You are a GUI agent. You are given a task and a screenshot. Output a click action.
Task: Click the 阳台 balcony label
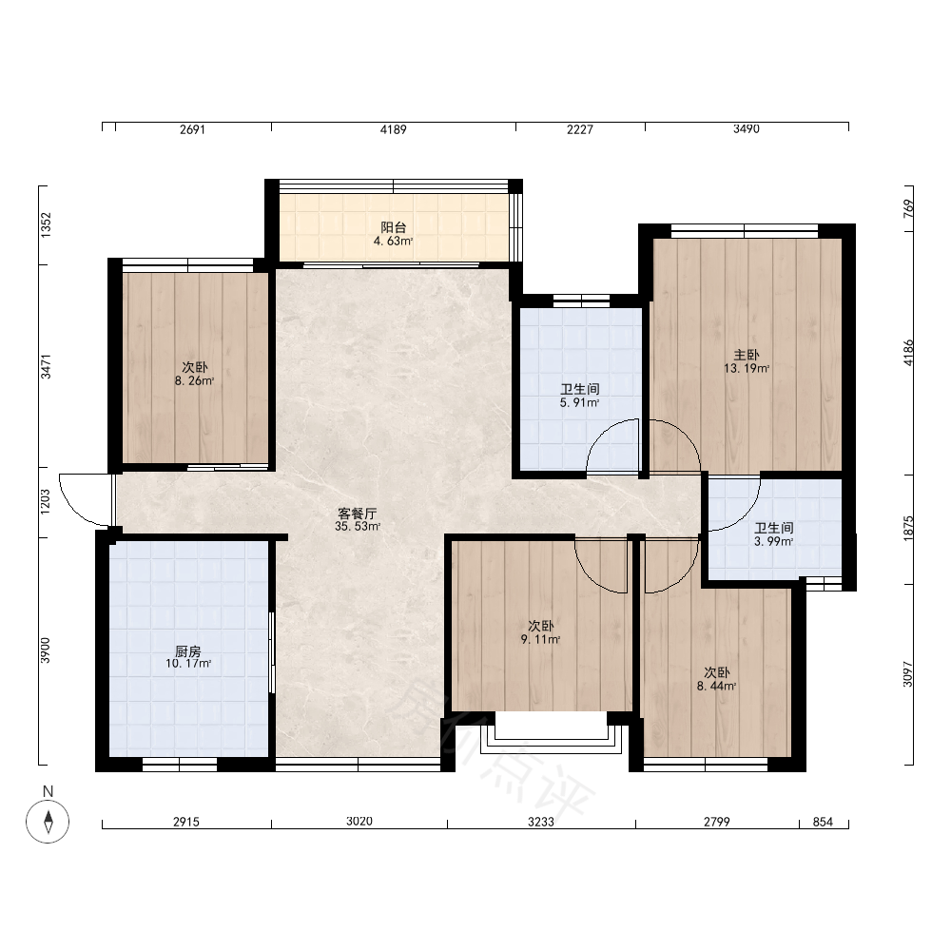393,227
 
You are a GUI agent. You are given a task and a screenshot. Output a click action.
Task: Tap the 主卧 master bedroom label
746,355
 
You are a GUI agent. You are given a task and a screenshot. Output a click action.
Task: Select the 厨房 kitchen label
188,651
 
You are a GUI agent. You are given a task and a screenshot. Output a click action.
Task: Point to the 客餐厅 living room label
358,514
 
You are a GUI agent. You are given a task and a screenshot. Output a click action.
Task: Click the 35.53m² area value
358,527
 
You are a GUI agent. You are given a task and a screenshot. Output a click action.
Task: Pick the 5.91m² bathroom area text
580,402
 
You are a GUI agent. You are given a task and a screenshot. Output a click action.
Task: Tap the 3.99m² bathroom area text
774,541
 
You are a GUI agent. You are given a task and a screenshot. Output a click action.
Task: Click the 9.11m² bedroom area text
540,639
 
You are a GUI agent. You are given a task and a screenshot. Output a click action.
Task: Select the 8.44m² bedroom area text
716,686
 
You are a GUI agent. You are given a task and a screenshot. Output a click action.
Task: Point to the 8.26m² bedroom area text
194,381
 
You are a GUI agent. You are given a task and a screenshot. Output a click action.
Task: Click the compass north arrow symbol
48,822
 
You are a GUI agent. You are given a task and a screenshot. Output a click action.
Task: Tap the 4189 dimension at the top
393,129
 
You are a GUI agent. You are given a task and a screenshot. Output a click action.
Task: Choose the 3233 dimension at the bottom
540,822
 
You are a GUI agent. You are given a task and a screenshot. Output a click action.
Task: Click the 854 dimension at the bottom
823,822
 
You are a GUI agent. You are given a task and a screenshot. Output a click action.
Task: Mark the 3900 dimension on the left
46,650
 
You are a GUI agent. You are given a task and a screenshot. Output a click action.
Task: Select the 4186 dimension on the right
908,353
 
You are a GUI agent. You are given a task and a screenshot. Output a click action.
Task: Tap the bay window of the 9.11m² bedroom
552,733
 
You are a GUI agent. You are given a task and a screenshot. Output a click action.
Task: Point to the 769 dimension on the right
908,208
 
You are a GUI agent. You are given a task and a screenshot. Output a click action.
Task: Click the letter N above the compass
48,791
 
